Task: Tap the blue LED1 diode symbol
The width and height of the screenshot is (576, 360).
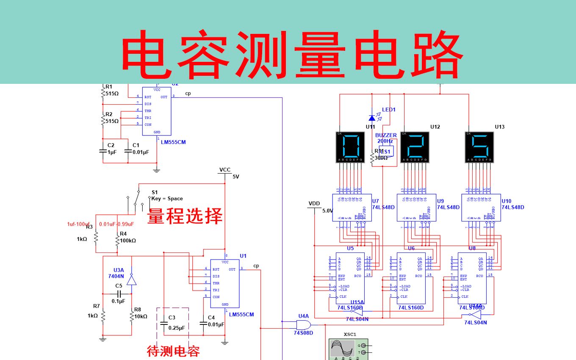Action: [x=372, y=118]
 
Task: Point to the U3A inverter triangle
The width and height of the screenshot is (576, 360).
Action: [x=132, y=280]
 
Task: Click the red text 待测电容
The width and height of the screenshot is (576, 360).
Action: [x=173, y=351]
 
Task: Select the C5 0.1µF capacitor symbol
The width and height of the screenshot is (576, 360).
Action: [x=119, y=294]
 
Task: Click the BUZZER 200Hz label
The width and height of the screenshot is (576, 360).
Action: [x=386, y=138]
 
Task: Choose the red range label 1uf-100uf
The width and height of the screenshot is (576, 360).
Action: [x=78, y=224]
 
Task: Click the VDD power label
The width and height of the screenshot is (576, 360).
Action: [x=314, y=204]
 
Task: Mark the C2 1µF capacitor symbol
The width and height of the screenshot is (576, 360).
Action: [x=102, y=151]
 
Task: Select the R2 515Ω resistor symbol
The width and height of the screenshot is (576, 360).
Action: [x=102, y=120]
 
